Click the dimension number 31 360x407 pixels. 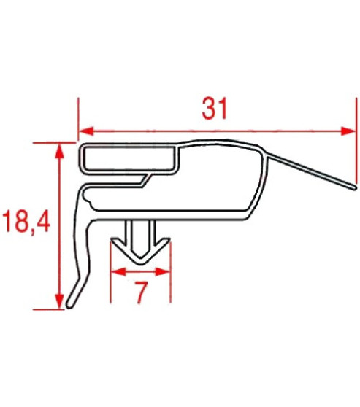[x=215, y=109]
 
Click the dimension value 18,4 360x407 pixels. [x=26, y=222]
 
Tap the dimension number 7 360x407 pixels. [x=142, y=292]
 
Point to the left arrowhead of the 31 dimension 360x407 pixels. [x=86, y=131]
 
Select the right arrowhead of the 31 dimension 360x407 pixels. [x=348, y=131]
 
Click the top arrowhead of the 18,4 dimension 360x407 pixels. [x=60, y=151]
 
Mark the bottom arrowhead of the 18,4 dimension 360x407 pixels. [x=60, y=302]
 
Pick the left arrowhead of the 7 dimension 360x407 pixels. [x=118, y=272]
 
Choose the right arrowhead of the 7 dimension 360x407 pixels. [x=164, y=272]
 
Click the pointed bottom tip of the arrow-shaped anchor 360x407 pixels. [x=141, y=264]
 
